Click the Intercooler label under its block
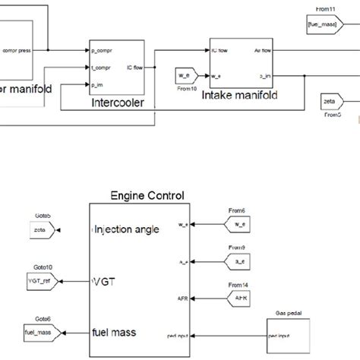coord(117,103)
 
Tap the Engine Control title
coord(148,196)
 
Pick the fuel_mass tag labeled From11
coord(317,25)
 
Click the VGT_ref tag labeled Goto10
coord(45,281)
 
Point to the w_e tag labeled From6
coord(239,223)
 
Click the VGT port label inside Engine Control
coord(103,281)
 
